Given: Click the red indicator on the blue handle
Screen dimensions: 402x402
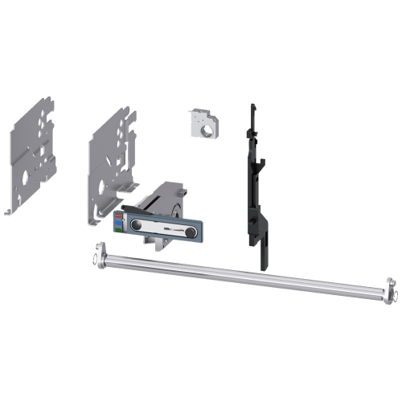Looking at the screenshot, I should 119,215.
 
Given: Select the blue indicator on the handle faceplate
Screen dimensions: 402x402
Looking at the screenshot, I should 119,224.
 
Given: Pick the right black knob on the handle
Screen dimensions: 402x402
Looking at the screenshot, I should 191,225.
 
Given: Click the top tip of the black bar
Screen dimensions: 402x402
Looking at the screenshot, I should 252,105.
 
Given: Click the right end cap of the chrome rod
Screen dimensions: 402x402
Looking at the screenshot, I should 389,289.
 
